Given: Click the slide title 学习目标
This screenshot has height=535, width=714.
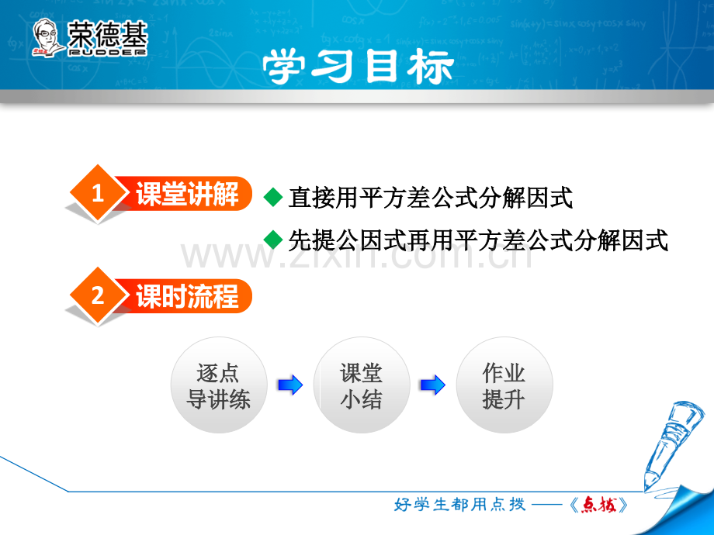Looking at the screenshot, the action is (x=358, y=67).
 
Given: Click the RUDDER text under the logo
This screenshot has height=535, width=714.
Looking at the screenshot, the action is (x=107, y=52).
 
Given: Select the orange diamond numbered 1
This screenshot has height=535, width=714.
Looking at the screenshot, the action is (x=98, y=193).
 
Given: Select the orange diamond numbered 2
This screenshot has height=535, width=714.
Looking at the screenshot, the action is (x=98, y=295).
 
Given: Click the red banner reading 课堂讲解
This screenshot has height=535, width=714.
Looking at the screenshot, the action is (x=185, y=193).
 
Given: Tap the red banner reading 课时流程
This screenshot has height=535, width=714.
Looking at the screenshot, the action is (x=185, y=296).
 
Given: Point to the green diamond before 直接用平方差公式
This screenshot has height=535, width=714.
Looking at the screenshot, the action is (x=273, y=197).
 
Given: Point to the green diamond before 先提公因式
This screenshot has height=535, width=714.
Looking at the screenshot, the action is (x=273, y=240).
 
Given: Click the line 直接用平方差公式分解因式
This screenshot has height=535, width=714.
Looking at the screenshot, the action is (x=430, y=198).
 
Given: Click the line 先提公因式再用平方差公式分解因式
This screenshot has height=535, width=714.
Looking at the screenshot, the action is (x=478, y=240).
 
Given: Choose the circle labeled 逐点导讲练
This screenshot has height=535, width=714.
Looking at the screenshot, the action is (x=219, y=385).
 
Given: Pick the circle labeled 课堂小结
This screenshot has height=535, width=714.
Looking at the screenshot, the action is (x=362, y=385).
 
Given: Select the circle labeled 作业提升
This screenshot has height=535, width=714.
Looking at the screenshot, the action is (x=504, y=385).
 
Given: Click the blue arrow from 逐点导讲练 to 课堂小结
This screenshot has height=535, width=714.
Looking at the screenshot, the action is (x=290, y=385).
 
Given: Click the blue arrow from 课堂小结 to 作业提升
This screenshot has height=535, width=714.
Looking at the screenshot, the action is (x=433, y=385).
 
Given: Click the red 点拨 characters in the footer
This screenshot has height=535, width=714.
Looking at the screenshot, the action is (x=599, y=505).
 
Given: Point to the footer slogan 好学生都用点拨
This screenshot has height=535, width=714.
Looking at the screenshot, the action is (x=459, y=505).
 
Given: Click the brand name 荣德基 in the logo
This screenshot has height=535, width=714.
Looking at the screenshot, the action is (x=107, y=34).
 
